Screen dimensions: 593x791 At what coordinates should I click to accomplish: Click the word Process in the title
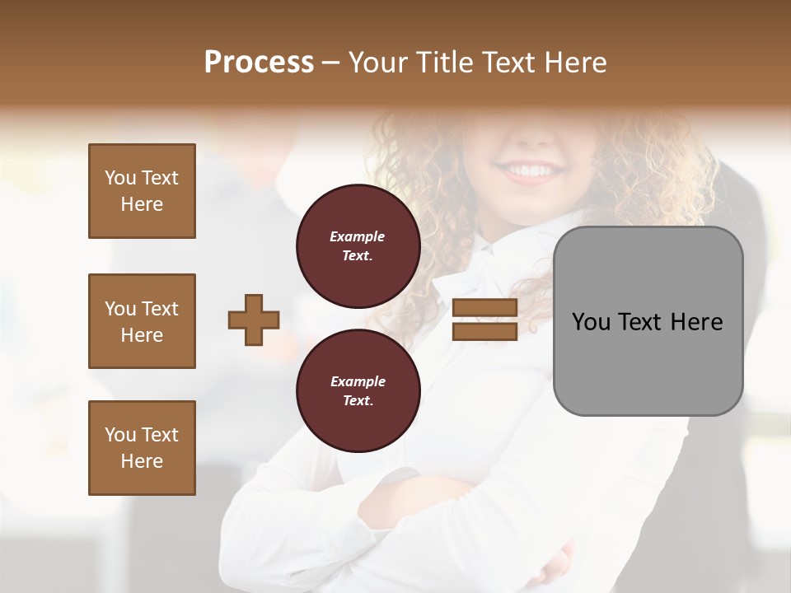tap(259, 63)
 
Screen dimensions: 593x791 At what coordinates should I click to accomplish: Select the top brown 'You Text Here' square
tap(142, 191)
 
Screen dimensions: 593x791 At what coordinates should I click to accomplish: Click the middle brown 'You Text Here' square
tap(142, 321)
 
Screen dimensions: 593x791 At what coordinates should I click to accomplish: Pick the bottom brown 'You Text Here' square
tap(142, 448)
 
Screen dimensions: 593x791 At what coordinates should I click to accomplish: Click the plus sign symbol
tap(254, 320)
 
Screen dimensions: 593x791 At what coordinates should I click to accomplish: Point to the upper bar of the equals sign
tap(484, 307)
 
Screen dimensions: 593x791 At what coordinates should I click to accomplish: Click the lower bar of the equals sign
tap(484, 331)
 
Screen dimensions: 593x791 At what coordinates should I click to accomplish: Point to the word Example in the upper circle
tap(358, 236)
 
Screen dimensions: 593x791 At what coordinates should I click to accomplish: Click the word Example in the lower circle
tap(358, 381)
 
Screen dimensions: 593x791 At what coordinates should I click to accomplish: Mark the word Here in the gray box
tap(696, 322)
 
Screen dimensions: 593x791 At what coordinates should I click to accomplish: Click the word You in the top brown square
tap(119, 178)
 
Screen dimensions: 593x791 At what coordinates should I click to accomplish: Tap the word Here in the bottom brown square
tap(142, 461)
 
